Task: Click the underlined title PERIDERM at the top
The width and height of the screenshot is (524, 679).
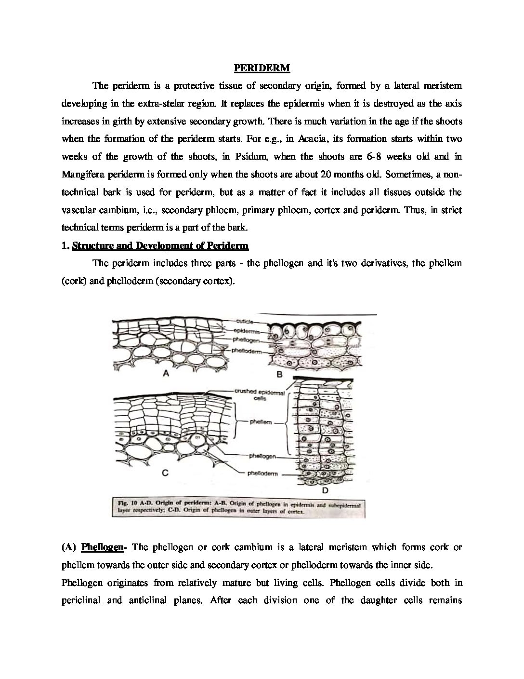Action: coord(262,68)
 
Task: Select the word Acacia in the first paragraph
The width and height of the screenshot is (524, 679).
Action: coord(313,139)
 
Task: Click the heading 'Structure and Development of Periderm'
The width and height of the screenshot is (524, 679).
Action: coord(160,246)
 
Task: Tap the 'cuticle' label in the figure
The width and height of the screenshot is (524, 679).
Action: coord(245,321)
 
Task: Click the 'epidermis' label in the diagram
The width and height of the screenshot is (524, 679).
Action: coord(247,331)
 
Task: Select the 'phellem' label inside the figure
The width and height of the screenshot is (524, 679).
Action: coord(261,422)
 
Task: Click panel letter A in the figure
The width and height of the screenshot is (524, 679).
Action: coord(166,373)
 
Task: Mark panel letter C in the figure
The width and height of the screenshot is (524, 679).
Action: coord(165,473)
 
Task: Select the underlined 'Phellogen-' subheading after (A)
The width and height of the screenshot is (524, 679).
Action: coord(103,547)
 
